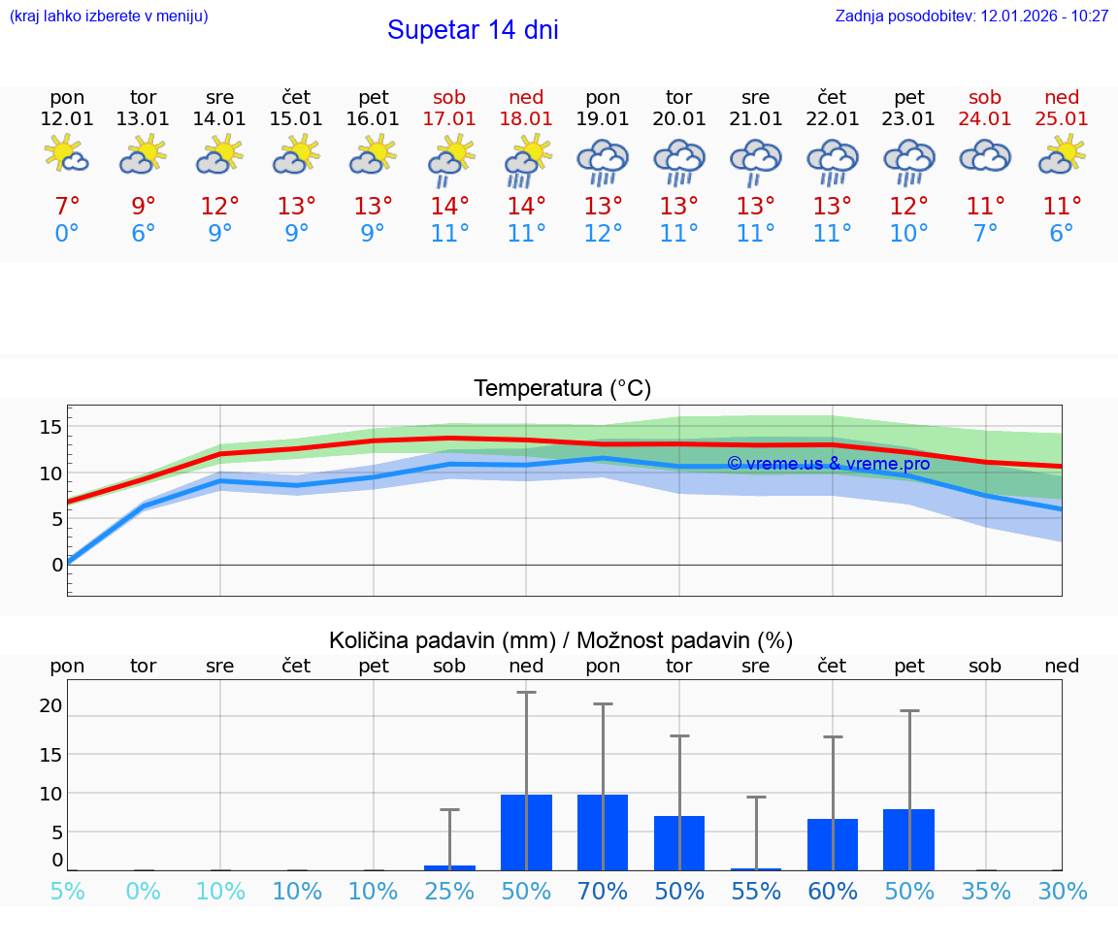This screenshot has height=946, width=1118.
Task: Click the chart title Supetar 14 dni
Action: coord(473,30)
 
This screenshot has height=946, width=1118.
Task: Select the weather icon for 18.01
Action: coord(526,160)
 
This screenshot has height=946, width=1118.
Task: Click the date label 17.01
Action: coord(449,118)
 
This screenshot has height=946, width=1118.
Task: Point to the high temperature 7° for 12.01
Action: coord(67,207)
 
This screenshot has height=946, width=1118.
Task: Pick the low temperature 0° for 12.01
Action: coord(67,234)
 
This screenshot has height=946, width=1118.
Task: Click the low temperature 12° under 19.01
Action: coord(603,234)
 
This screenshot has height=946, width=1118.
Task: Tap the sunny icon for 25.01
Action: coord(1062,155)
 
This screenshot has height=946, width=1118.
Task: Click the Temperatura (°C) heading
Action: coord(562,389)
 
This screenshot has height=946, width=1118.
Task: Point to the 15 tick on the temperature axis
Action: coord(50,427)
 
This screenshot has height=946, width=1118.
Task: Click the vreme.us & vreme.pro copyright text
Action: coord(828,464)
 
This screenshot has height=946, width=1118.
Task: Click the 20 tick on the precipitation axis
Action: coord(50,706)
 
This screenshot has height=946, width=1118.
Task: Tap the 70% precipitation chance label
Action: coord(603,892)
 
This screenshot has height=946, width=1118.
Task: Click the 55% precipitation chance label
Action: coord(756,892)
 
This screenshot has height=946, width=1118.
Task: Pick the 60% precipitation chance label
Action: coord(833,892)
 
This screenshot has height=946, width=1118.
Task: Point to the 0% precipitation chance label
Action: coord(144,892)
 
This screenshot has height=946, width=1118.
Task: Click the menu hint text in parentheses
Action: coord(109,16)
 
